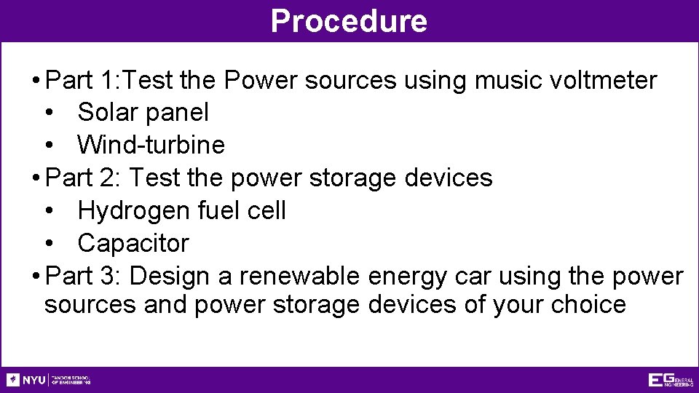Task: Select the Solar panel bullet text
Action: point(143,113)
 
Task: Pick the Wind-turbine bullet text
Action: point(151,145)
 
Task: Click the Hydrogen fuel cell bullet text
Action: point(181,211)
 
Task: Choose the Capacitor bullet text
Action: point(133,243)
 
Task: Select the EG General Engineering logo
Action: point(670,380)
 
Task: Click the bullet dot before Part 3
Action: point(36,277)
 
